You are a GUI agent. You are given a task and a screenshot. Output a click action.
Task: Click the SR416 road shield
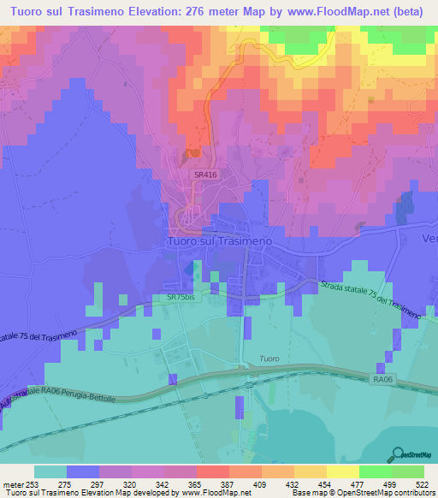point(203,174)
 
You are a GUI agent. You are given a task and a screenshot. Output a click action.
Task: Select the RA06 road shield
point(382,376)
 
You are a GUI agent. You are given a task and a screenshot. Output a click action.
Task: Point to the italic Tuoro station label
point(269,359)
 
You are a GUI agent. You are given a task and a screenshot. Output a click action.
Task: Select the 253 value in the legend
point(34,484)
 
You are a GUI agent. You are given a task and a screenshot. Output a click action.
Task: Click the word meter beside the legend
point(13,484)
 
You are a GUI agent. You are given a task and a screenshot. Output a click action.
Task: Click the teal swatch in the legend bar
point(50,471)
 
